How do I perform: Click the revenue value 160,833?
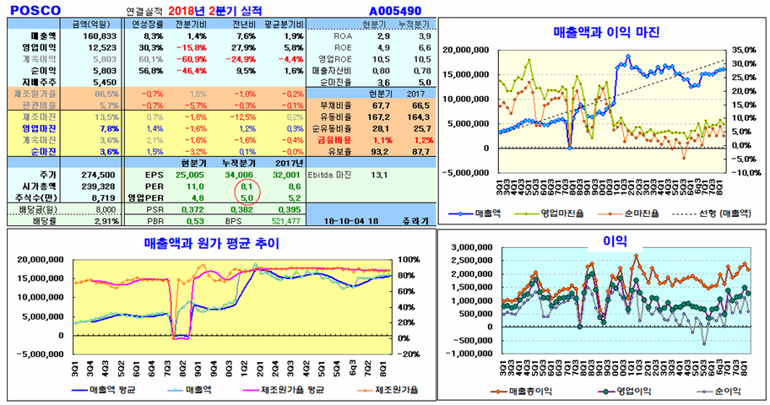(101, 37)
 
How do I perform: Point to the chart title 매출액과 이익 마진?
(605, 32)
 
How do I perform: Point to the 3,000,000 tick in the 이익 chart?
(474, 248)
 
